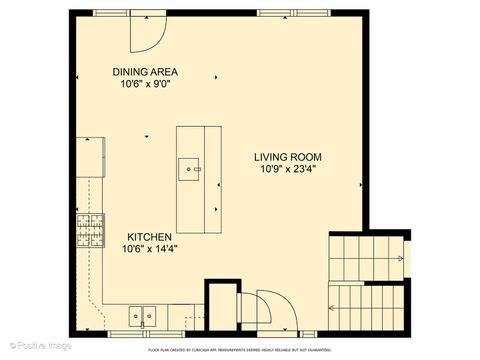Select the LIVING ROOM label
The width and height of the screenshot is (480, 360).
[287, 157]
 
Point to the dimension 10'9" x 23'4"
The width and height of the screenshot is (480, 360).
[287, 170]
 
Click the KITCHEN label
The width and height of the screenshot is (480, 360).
[144, 236]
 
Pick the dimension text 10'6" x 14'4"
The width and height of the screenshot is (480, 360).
[144, 249]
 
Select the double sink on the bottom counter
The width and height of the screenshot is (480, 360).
[141, 315]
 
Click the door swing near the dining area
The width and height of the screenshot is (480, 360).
[147, 34]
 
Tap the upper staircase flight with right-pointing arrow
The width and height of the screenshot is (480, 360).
[367, 253]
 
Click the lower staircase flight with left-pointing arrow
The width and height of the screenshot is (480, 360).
[367, 304]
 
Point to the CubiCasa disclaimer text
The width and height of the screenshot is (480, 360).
[239, 351]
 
